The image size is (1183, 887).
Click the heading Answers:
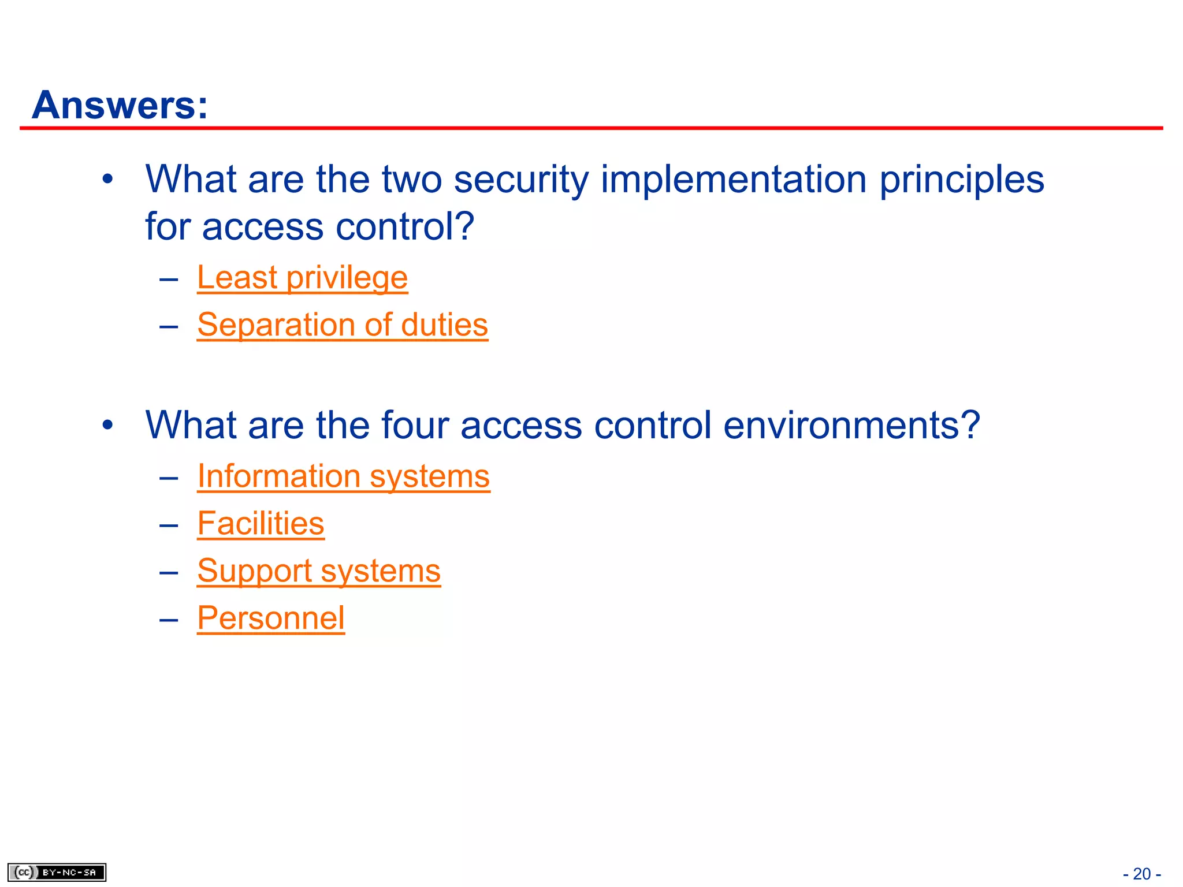click(x=120, y=106)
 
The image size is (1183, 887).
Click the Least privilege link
click(x=302, y=278)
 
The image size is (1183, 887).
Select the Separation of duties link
click(x=343, y=325)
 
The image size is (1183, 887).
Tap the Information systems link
click(x=344, y=477)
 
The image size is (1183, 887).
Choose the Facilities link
click(x=261, y=524)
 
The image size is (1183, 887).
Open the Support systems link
click(x=319, y=572)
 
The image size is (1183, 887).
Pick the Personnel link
click(x=271, y=618)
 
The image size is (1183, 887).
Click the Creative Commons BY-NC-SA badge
click(x=57, y=872)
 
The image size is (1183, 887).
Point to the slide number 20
click(x=1141, y=874)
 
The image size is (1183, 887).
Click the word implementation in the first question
click(x=734, y=180)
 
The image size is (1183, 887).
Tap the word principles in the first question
click(x=962, y=180)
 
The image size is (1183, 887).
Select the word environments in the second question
click(x=851, y=426)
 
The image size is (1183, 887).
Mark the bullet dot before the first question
click(x=107, y=180)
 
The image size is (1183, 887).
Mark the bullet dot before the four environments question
click(x=107, y=426)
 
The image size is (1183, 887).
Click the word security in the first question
click(x=521, y=180)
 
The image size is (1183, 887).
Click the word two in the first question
click(x=411, y=180)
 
